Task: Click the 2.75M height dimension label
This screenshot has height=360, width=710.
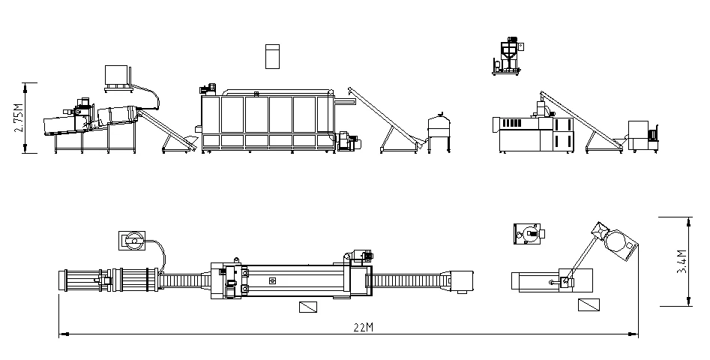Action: point(19,118)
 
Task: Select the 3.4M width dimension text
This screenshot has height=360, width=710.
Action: point(681,261)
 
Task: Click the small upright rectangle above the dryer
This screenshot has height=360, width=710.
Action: point(271,57)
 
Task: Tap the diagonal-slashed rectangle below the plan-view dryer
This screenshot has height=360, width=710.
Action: point(307,307)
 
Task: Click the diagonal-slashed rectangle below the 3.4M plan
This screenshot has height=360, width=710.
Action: point(589,306)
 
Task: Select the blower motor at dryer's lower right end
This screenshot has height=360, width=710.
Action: point(348,140)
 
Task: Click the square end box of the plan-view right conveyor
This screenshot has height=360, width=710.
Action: point(465,280)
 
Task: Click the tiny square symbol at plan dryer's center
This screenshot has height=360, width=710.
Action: point(272,280)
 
